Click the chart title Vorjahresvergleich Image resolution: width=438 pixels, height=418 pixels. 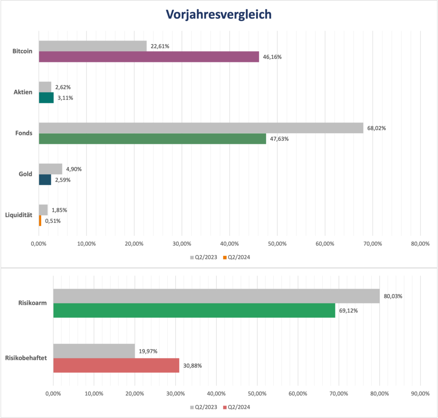[x=219, y=15]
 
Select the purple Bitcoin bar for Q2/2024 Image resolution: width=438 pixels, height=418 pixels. [x=149, y=57]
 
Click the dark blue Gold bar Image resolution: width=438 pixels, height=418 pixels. [x=45, y=180]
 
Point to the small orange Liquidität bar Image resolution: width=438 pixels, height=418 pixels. [x=40, y=221]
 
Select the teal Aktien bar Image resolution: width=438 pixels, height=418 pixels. [x=46, y=98]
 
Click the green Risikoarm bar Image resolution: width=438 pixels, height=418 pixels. [x=194, y=310]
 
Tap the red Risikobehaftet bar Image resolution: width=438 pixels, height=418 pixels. [x=116, y=365]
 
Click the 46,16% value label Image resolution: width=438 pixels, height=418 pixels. [x=272, y=57]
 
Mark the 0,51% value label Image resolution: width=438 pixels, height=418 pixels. [x=53, y=221]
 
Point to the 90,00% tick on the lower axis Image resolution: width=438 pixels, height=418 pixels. [x=420, y=393]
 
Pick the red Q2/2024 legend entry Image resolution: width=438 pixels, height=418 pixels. [x=238, y=407]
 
